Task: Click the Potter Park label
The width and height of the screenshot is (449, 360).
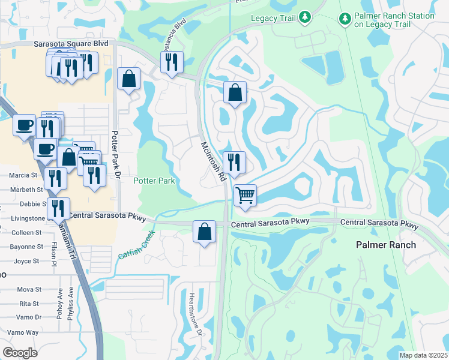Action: tap(153, 181)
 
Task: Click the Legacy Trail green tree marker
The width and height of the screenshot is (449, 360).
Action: tap(304, 17)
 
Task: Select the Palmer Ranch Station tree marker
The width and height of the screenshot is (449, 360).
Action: tap(345, 20)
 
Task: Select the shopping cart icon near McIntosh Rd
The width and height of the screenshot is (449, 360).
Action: tap(245, 194)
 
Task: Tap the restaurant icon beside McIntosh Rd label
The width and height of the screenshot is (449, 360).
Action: tap(233, 161)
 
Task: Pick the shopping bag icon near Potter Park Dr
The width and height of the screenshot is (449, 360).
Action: tap(128, 78)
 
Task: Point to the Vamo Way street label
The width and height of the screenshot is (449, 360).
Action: tap(23, 332)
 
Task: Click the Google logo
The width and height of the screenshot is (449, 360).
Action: tap(20, 353)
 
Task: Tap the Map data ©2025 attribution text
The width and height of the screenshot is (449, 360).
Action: tap(423, 355)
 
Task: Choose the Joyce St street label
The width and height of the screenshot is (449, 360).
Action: tap(26, 261)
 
